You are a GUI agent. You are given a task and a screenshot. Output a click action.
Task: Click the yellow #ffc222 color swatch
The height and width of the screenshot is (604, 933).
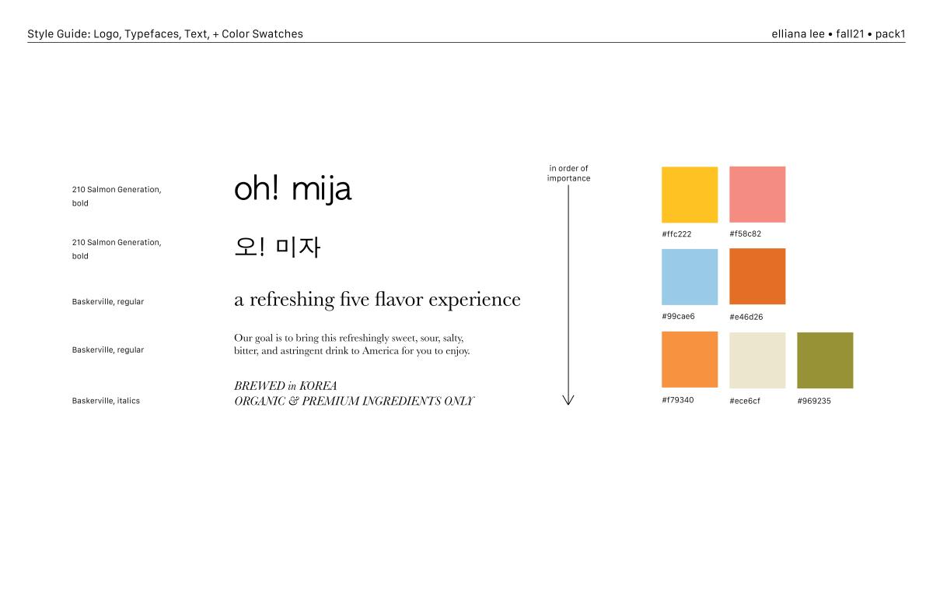pyautogui.click(x=690, y=195)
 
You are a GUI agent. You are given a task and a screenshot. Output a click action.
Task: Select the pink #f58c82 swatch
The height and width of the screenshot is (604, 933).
pyautogui.click(x=757, y=195)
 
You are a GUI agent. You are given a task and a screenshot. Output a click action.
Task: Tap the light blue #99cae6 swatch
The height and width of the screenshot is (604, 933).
pyautogui.click(x=690, y=277)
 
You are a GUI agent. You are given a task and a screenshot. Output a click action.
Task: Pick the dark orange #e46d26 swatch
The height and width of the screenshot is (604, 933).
pyautogui.click(x=757, y=276)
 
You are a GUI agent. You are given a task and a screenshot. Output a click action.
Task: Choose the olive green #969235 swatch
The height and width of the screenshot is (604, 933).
pyautogui.click(x=825, y=360)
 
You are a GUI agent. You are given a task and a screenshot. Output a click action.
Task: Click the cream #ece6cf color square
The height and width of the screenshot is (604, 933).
pyautogui.click(x=757, y=360)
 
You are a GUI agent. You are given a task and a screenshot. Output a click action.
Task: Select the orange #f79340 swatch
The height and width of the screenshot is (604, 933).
pyautogui.click(x=690, y=360)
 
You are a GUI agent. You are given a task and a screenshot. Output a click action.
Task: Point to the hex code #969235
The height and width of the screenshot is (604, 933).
pyautogui.click(x=814, y=401)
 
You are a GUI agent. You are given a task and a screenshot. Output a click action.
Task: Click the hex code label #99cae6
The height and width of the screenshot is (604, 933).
pyautogui.click(x=678, y=316)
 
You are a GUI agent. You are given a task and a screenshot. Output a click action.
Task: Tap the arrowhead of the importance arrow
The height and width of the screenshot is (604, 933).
pyautogui.click(x=568, y=403)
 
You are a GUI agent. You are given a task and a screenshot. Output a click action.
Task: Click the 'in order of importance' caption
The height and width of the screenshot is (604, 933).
pyautogui.click(x=568, y=174)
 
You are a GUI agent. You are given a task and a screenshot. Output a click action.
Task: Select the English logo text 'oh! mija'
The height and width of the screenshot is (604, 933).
pyautogui.click(x=293, y=190)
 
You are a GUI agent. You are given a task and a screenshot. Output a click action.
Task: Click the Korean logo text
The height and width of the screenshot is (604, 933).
pyautogui.click(x=278, y=248)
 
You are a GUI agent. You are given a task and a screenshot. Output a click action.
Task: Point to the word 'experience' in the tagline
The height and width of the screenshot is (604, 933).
pyautogui.click(x=474, y=300)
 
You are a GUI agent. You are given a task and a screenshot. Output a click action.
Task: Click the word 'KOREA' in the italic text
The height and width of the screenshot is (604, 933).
pyautogui.click(x=318, y=385)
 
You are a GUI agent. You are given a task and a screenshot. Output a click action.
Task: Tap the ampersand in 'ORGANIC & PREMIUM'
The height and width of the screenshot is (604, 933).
pyautogui.click(x=293, y=401)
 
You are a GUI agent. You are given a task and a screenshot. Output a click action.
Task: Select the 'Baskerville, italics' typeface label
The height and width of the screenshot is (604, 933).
pyautogui.click(x=106, y=401)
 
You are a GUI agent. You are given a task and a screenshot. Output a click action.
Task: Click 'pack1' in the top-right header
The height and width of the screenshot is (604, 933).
pyautogui.click(x=890, y=34)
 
